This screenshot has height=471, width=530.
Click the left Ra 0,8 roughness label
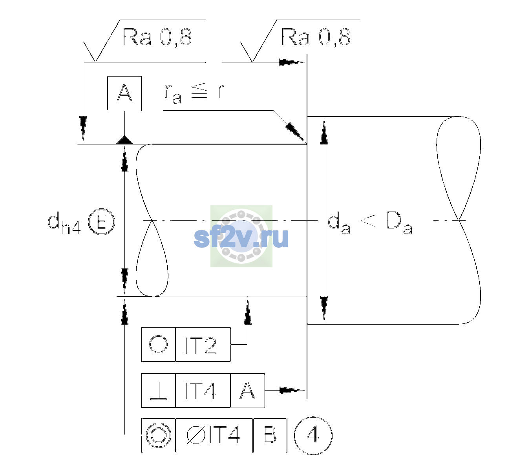(157, 37)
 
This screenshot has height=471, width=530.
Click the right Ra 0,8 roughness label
(316, 37)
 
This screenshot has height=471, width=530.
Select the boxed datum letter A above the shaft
(124, 93)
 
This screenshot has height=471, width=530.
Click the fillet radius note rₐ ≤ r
(194, 93)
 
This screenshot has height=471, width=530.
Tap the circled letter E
(101, 222)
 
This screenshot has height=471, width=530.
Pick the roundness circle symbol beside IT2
(158, 344)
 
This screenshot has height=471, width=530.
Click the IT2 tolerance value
(200, 345)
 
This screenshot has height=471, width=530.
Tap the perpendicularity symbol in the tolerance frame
(159, 391)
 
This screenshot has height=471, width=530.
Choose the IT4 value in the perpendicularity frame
(200, 391)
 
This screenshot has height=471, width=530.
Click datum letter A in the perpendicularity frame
(247, 391)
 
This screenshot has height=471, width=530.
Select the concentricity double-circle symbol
(159, 435)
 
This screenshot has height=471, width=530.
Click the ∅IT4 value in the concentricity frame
(213, 435)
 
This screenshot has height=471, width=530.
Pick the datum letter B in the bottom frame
(270, 435)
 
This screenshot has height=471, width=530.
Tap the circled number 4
(313, 435)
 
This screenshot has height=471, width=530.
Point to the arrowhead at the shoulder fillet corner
(296, 133)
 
